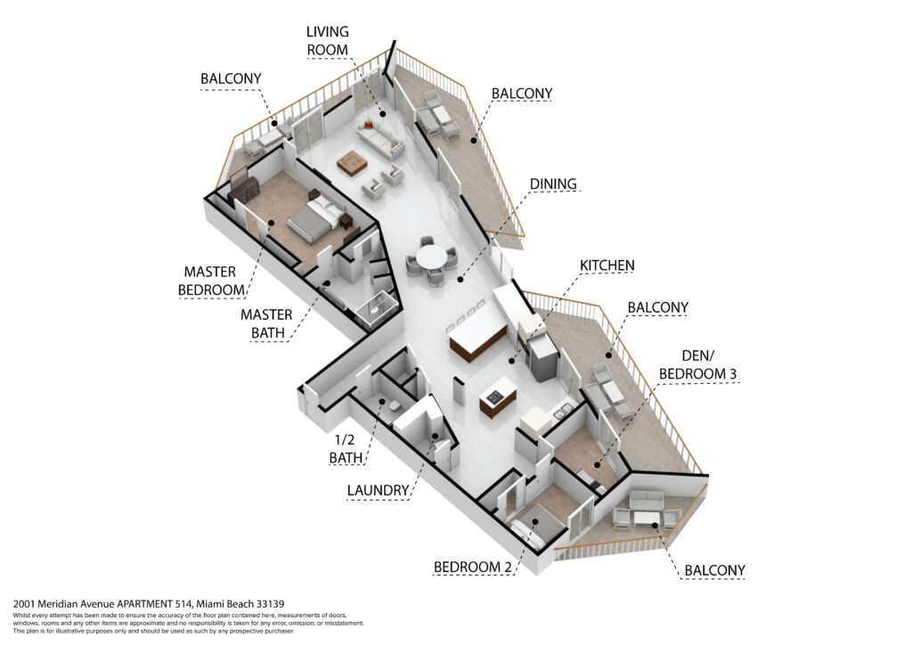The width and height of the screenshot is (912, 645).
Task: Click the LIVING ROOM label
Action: [x=328, y=41]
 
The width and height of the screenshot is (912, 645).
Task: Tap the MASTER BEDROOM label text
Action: [x=211, y=281]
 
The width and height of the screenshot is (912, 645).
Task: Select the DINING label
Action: [x=553, y=184]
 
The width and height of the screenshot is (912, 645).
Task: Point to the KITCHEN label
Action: [x=607, y=265]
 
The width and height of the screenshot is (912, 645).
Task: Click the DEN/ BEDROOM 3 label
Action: [x=697, y=364]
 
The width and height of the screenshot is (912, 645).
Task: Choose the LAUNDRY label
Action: [x=378, y=490]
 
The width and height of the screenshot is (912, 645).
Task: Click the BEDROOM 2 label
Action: [x=473, y=567]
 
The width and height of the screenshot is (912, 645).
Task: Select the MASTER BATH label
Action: [x=267, y=324]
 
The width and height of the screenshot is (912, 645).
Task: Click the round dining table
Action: [x=432, y=257]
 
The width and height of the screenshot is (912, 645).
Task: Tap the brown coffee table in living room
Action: [x=352, y=161]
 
